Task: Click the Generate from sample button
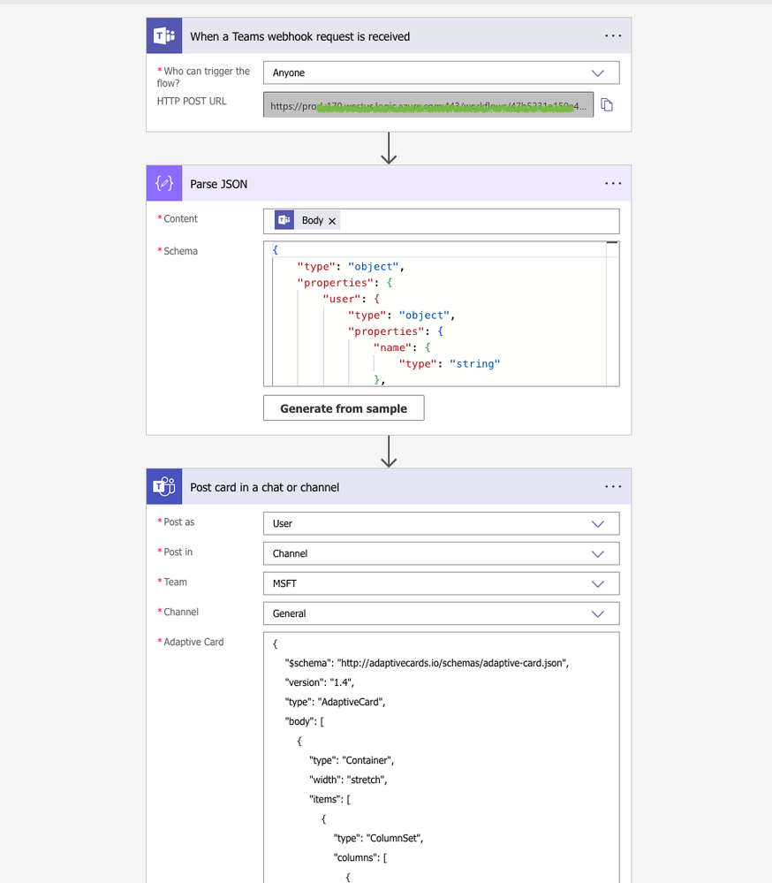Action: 344,408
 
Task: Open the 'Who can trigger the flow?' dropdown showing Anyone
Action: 441,73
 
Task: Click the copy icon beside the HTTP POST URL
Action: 607,105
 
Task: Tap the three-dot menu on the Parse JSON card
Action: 613,184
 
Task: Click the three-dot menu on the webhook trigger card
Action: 613,36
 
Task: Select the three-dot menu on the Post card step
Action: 613,487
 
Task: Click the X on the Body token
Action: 332,221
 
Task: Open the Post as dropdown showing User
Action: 441,523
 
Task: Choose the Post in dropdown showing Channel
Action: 441,553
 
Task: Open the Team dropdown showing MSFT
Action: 441,583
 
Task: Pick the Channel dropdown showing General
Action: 441,613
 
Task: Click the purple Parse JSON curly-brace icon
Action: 163,184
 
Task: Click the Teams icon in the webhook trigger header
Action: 163,36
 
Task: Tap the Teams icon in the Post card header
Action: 163,487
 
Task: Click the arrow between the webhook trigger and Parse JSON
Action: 389,148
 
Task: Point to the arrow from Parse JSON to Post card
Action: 389,452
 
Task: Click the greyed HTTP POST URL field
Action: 428,106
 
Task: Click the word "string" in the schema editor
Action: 476,363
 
